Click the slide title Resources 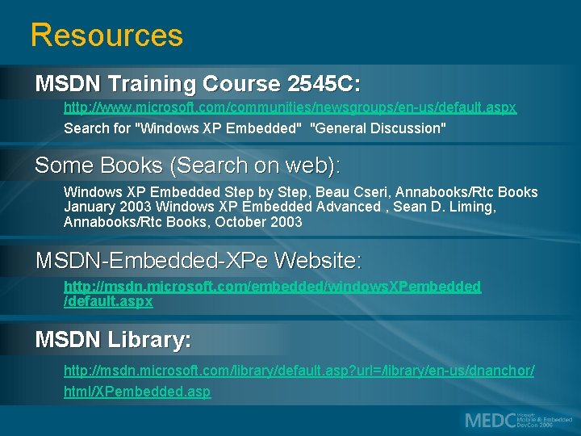(107, 36)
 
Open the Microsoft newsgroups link (290, 107)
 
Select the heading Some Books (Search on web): (188, 166)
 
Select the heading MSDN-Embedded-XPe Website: (199, 261)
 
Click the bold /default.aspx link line (108, 301)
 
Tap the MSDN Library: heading (113, 340)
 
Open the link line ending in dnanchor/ (299, 371)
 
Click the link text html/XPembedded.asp (137, 392)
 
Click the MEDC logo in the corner (517, 420)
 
